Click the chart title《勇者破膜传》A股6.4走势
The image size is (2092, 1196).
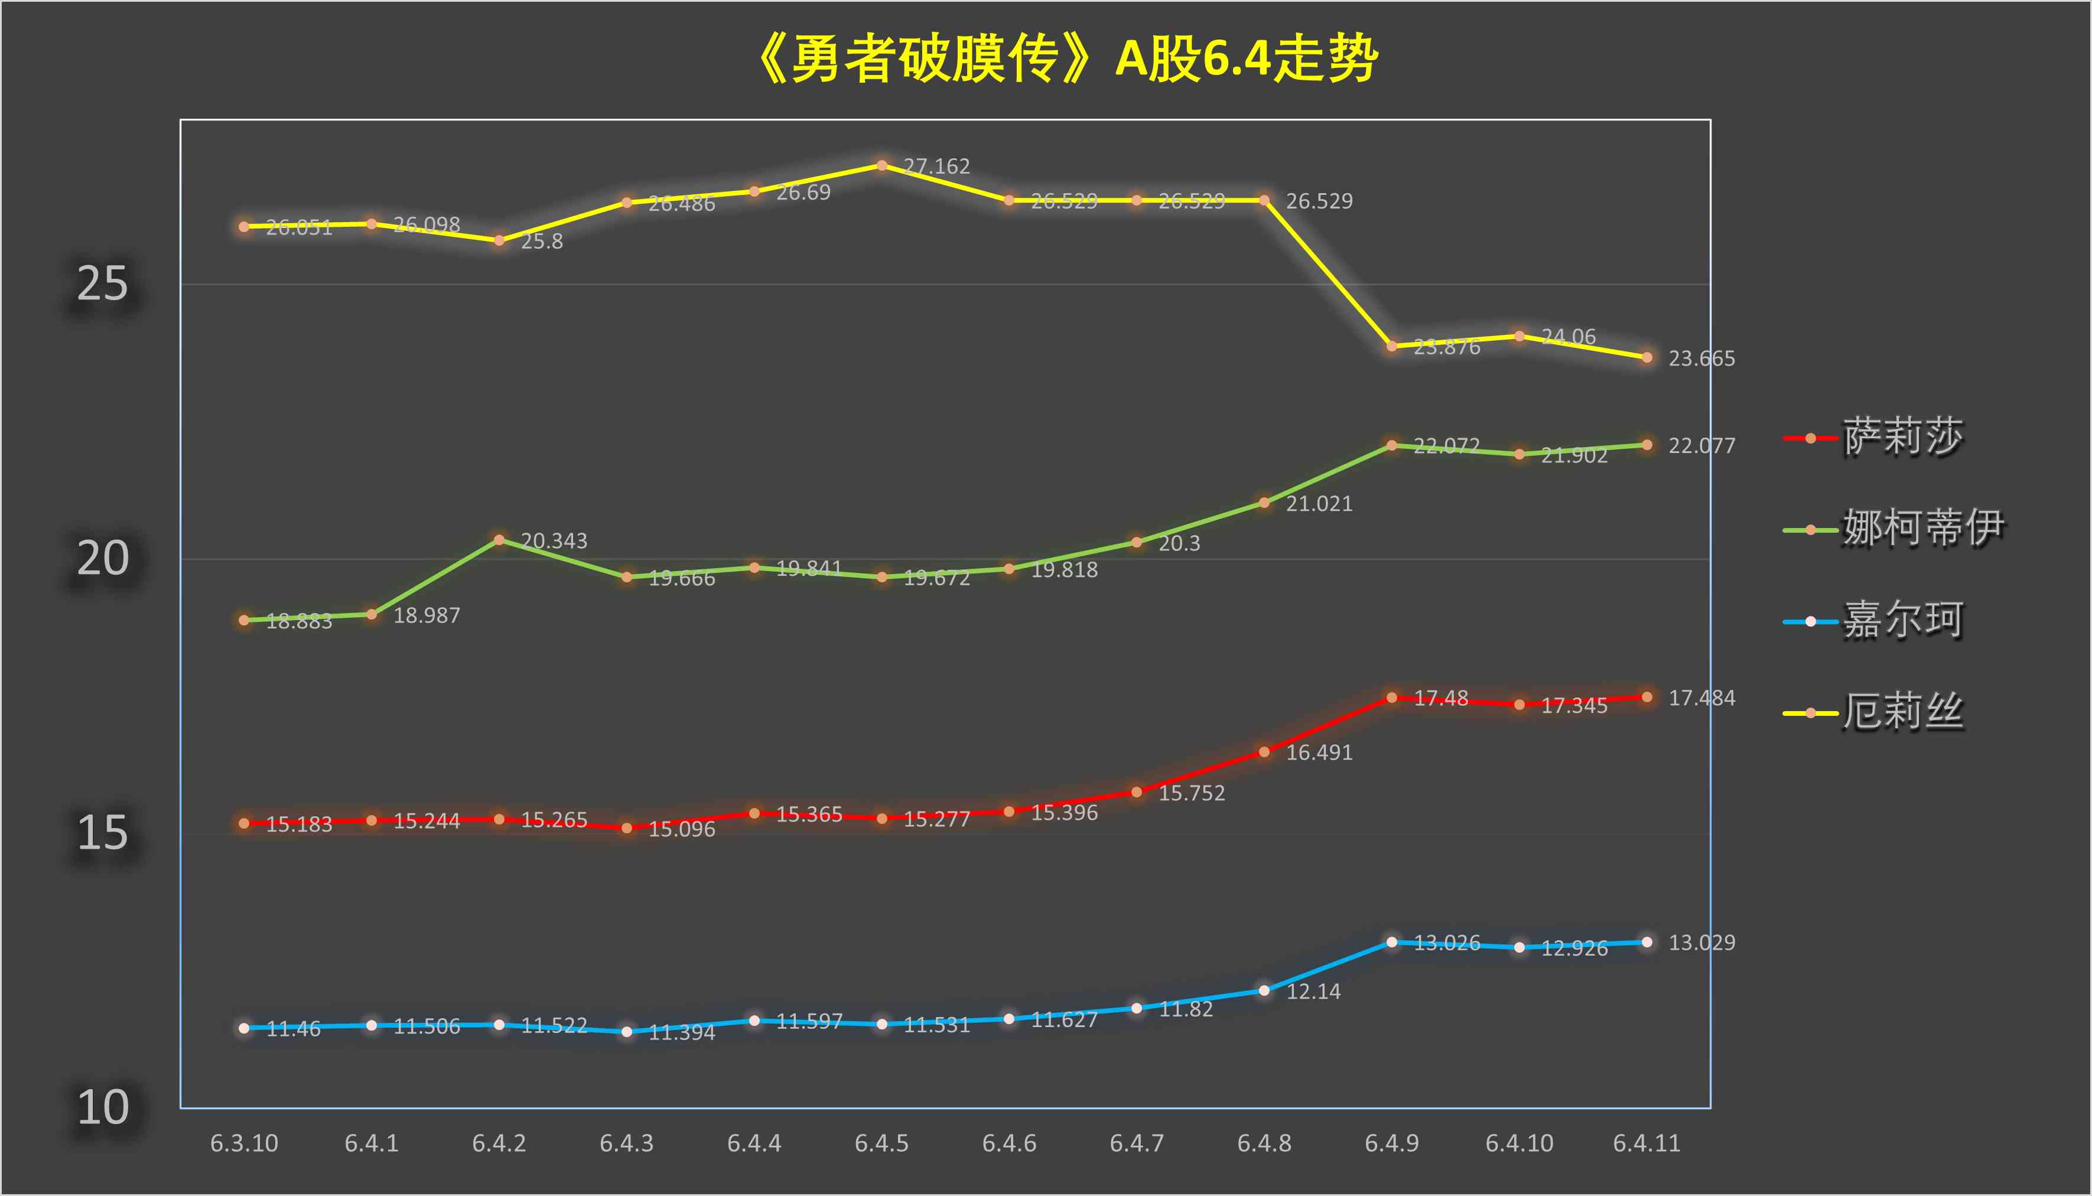point(1066,59)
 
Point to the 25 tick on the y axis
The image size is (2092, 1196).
point(103,285)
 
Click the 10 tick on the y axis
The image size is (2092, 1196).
point(103,1108)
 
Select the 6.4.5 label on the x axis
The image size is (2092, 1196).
point(881,1143)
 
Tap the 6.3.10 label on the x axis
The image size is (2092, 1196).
point(244,1143)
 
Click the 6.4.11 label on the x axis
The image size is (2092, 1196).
point(1647,1143)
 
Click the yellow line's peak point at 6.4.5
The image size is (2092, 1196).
point(881,165)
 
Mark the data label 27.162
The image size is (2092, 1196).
point(937,167)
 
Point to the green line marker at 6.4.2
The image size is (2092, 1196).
point(499,540)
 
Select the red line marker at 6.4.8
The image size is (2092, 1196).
point(1264,752)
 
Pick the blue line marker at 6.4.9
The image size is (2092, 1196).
point(1392,942)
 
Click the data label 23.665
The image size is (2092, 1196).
point(1701,359)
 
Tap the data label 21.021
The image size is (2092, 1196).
point(1319,504)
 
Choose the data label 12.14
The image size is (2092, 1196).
point(1313,992)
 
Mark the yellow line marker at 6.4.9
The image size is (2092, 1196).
point(1392,346)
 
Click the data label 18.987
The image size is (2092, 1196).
point(427,616)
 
